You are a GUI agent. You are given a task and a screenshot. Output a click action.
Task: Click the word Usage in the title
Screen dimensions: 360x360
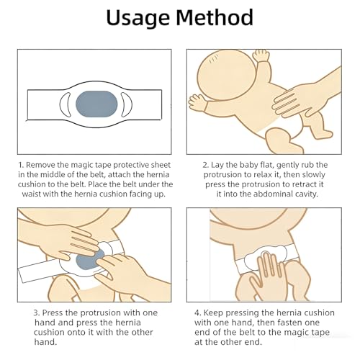[x=138, y=18]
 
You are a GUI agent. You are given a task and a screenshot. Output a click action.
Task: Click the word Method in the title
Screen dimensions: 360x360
[x=215, y=17]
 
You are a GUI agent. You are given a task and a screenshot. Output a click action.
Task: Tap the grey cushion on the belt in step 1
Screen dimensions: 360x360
[x=96, y=104]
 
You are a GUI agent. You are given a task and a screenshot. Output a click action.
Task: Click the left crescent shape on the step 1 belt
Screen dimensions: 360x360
[x=64, y=104]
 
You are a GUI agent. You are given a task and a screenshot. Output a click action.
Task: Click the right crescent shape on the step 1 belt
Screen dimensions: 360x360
[x=127, y=104]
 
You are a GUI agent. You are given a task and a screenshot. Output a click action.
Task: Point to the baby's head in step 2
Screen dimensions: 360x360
[x=225, y=75]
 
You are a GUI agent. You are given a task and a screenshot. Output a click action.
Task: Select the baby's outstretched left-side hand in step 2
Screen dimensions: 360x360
[x=197, y=103]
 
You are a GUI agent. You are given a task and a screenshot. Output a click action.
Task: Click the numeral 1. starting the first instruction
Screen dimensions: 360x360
[x=21, y=165]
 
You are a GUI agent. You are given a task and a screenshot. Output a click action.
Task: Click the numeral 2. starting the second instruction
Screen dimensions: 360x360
[x=206, y=165]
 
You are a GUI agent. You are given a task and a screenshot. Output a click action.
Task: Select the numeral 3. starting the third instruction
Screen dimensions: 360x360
[x=37, y=313]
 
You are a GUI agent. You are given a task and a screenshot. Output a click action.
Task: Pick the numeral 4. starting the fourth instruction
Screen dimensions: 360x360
[x=198, y=313]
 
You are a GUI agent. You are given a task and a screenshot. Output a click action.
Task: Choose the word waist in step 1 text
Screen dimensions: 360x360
[x=31, y=194]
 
